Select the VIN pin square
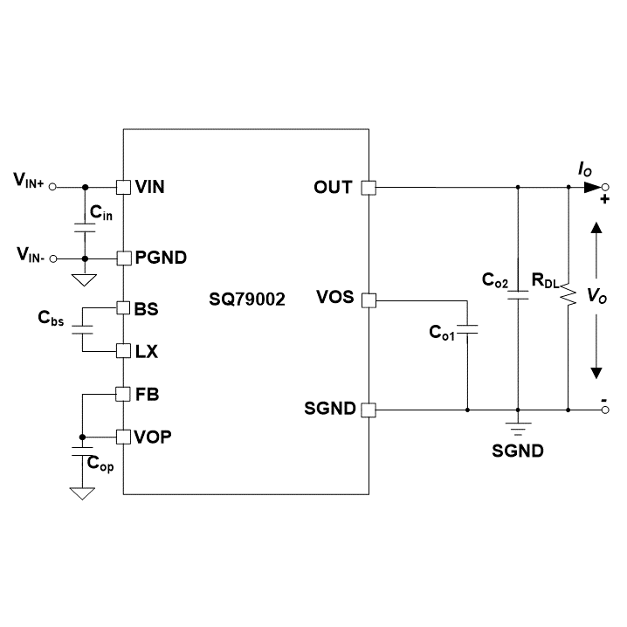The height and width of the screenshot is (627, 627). click(x=123, y=187)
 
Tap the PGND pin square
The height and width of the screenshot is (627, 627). click(x=123, y=258)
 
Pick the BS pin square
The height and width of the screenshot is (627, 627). click(x=123, y=308)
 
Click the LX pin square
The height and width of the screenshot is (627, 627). click(x=123, y=351)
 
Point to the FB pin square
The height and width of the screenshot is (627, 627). click(x=123, y=394)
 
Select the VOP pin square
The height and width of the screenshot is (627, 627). click(x=123, y=435)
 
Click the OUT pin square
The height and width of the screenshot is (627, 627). click(x=369, y=187)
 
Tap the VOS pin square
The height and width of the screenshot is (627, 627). click(x=369, y=300)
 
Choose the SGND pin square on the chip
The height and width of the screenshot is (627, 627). click(x=369, y=409)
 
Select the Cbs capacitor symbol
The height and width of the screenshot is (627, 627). click(x=82, y=330)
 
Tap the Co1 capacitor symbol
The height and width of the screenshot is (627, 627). click(x=467, y=331)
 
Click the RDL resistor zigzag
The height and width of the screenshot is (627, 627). click(x=568, y=294)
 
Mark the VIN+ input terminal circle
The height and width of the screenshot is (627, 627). click(x=52, y=187)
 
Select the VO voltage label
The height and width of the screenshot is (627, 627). click(x=596, y=298)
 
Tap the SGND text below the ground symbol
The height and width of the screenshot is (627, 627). click(x=518, y=451)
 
